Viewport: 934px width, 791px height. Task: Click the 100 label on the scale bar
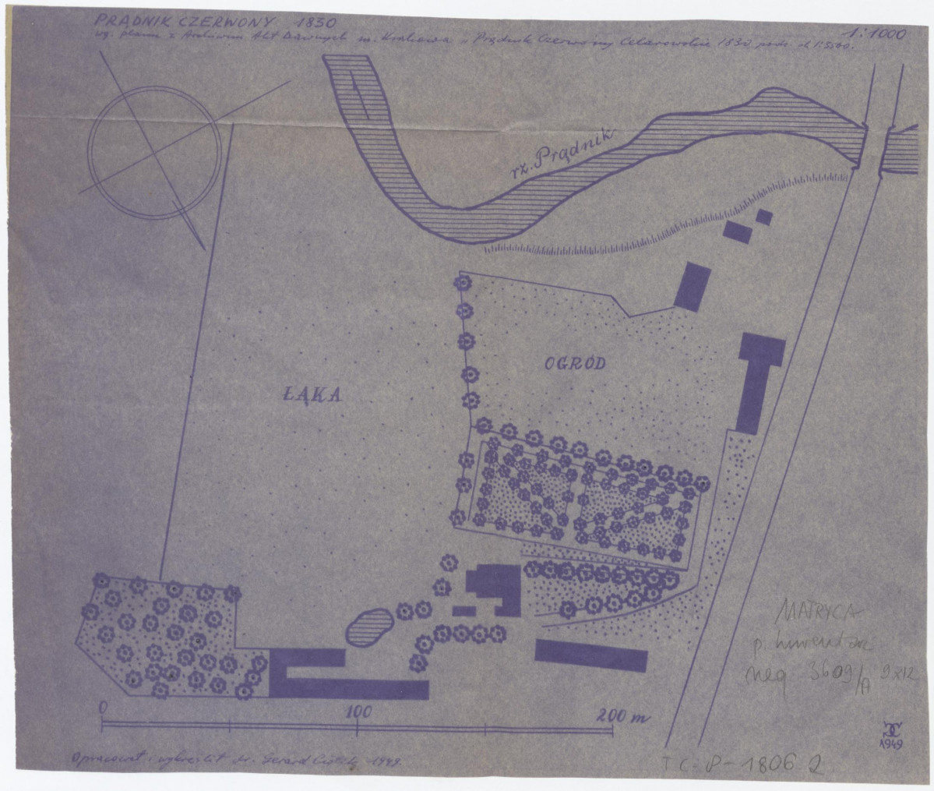[x=358, y=711]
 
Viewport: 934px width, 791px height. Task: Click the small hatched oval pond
[x=368, y=626]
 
